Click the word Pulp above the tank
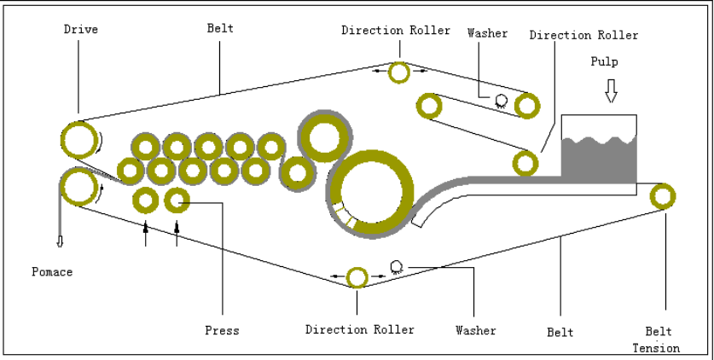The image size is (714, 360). [604, 62]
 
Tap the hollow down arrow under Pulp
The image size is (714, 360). [611, 90]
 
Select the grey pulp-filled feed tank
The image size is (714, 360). [599, 158]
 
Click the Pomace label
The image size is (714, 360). [52, 272]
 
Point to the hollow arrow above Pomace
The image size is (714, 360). [60, 241]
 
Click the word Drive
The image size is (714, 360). [81, 29]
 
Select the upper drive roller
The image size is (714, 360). [78, 140]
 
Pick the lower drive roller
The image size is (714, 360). [78, 186]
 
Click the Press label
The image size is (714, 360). [222, 330]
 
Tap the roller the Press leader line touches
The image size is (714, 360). [177, 201]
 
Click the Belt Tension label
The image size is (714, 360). [657, 340]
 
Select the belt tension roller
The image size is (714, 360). [662, 196]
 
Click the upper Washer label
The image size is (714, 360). [487, 33]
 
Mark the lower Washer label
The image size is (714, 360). [475, 330]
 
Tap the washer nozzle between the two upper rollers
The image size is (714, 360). [501, 101]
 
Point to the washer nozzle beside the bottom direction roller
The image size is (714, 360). [396, 266]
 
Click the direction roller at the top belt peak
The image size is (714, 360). [399, 73]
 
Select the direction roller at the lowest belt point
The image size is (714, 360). [357, 277]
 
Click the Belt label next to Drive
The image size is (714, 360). [220, 28]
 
